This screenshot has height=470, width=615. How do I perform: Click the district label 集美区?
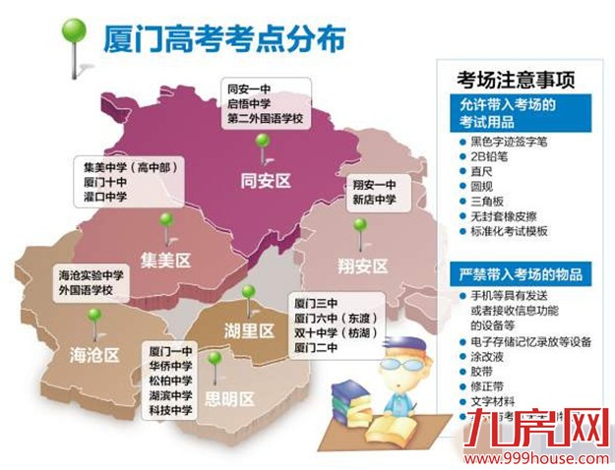click(x=165, y=260)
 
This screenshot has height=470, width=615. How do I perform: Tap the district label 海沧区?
click(x=94, y=354)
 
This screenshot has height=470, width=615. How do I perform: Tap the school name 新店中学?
click(x=374, y=200)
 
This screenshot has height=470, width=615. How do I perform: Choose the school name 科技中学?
click(x=169, y=409)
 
